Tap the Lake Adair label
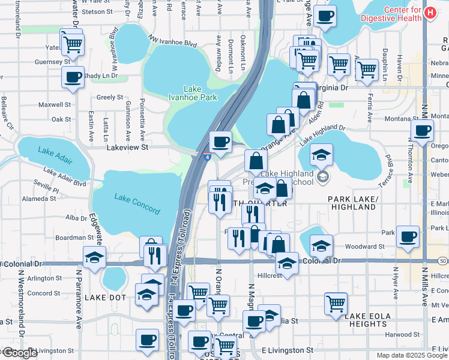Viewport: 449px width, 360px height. coord(53,151)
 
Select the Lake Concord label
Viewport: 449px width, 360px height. coord(137,204)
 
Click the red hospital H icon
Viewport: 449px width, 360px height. coord(430,13)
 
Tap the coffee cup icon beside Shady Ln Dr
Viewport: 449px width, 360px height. coord(73,77)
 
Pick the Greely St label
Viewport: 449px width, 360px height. coord(110,97)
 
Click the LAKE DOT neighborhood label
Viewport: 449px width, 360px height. coord(105,298)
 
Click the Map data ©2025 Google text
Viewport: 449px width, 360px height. coord(412,355)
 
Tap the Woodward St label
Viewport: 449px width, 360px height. coord(364,247)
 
